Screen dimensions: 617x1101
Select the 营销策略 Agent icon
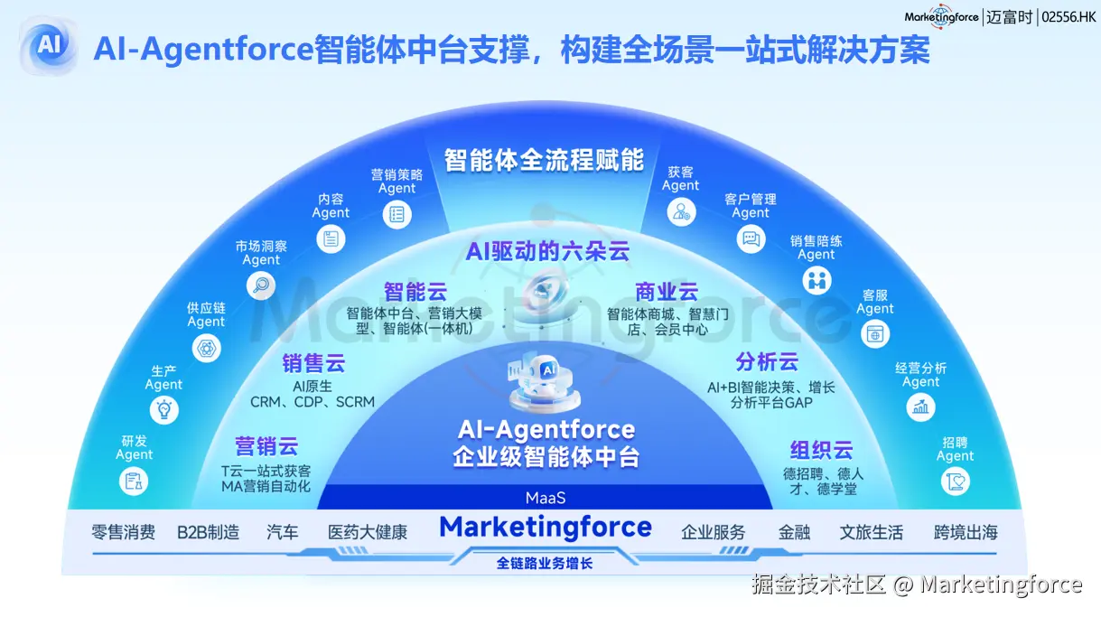coord(397,214)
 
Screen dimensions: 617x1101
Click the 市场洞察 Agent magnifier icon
coord(261,285)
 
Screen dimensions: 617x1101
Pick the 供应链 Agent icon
coord(206,348)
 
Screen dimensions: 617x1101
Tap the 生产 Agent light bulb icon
coord(164,410)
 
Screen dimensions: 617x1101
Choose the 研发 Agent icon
coord(135,481)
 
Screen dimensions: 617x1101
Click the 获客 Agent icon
coord(680,212)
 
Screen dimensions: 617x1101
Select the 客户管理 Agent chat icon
coord(751,239)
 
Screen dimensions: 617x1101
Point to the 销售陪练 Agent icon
coord(816,281)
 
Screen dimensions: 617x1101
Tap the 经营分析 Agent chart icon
coord(921,407)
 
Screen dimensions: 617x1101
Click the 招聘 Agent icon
coord(955,481)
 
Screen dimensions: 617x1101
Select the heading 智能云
coord(415,292)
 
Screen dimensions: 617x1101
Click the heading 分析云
coord(767,362)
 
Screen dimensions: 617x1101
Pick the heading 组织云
coord(821,450)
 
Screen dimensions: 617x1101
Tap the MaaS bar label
coord(545,498)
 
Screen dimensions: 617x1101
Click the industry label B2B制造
coord(209,532)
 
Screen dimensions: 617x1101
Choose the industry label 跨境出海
coord(966,532)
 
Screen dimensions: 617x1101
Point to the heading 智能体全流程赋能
coord(544,161)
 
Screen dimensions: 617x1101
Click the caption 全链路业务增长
coord(545,564)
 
